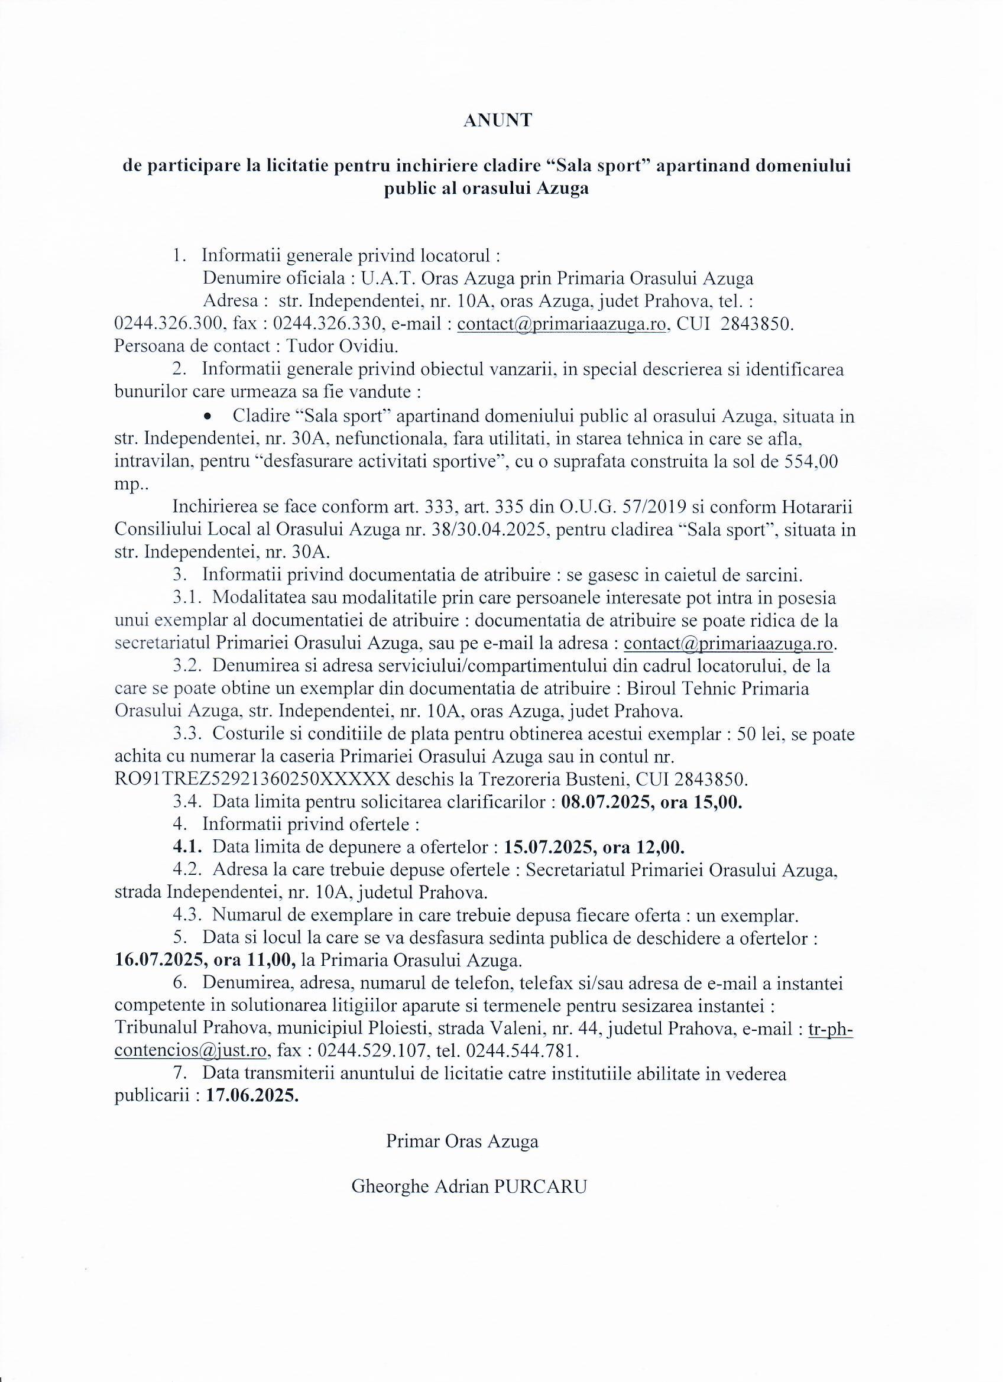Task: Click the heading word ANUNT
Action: coord(497,121)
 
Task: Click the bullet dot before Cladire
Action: coord(209,417)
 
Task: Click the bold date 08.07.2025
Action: coord(607,803)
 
